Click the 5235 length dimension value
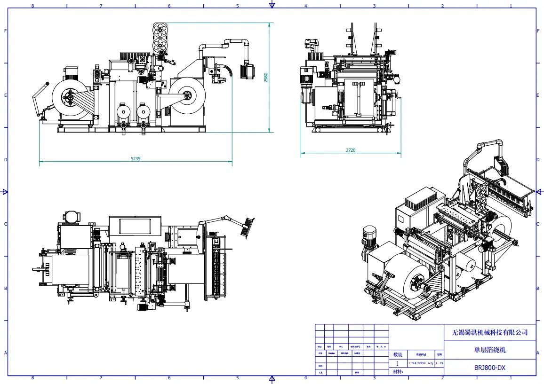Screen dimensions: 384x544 [x=136, y=159]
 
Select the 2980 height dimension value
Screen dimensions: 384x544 [x=266, y=77]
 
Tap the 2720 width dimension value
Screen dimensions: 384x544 [x=351, y=150]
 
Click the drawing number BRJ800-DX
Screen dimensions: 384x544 [x=490, y=368]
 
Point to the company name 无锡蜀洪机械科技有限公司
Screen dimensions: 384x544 [x=490, y=332]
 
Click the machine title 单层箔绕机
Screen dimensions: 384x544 [x=490, y=350]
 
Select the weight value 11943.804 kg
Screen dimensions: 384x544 [x=420, y=363]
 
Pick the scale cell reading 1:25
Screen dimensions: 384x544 [x=439, y=363]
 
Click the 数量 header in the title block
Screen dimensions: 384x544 [x=398, y=354]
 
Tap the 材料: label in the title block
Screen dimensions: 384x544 [x=398, y=372]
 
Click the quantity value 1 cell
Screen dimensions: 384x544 [x=398, y=363]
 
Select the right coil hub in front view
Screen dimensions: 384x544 [x=187, y=96]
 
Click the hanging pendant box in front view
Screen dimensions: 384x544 [x=247, y=72]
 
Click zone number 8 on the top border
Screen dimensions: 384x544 [x=32, y=6]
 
